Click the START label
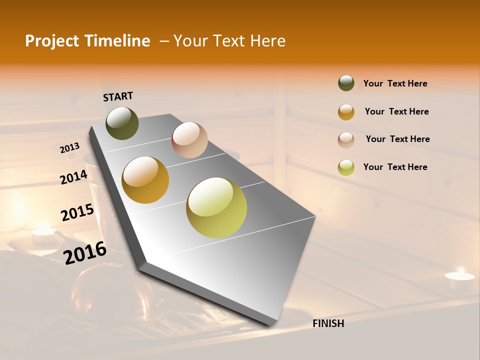[118, 96]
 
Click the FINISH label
[328, 323]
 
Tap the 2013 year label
[69, 148]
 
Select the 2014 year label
[73, 177]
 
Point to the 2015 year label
[77, 212]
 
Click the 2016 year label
[85, 253]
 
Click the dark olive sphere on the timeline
[122, 123]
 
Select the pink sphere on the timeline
[189, 140]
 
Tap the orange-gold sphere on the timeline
[145, 180]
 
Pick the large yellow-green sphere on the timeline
[216, 207]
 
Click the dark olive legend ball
[346, 83]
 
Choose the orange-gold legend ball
[346, 112]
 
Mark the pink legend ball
[346, 140]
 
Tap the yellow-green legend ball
[346, 167]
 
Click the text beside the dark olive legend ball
[395, 84]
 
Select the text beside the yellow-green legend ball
[395, 167]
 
